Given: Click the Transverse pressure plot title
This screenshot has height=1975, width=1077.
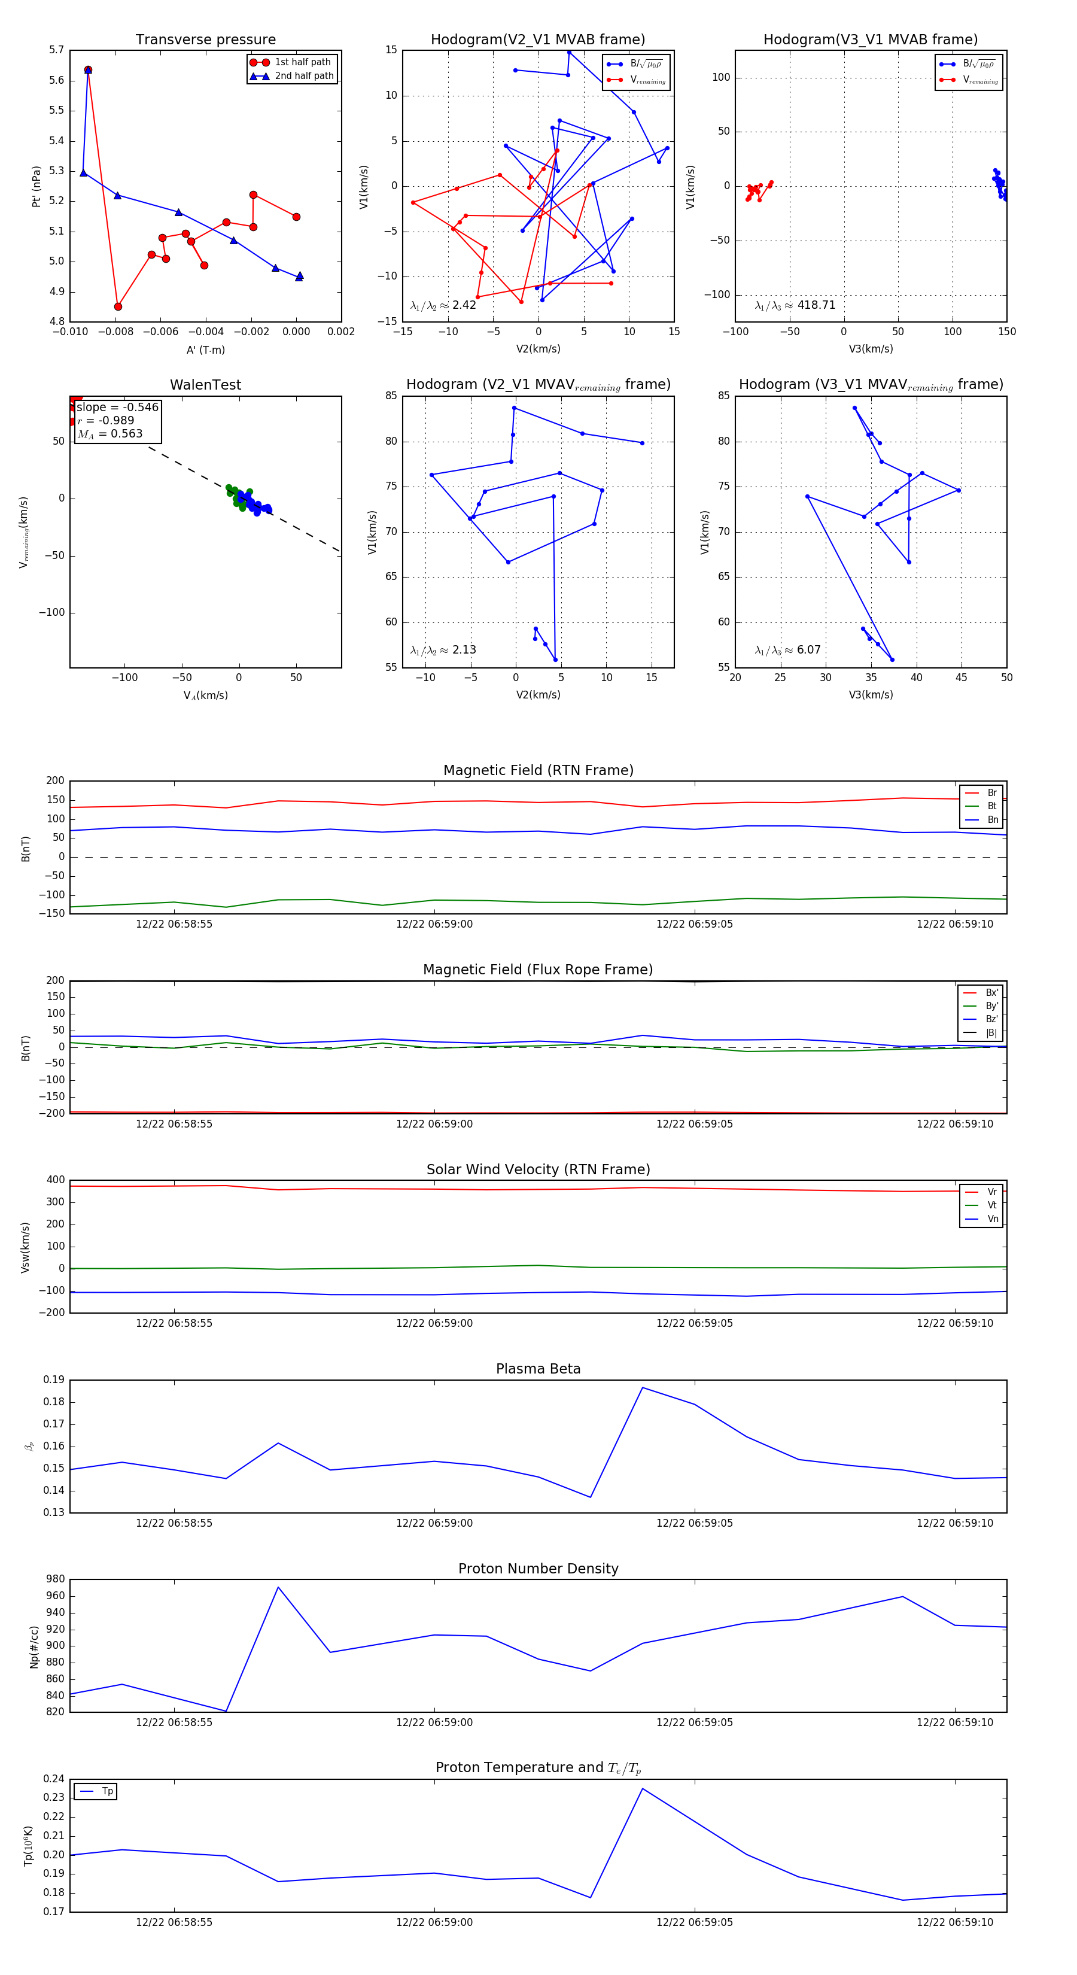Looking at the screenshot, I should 205,40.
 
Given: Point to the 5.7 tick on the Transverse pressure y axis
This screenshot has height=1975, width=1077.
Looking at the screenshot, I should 57,50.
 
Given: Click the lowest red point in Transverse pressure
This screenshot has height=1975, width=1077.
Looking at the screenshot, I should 118,306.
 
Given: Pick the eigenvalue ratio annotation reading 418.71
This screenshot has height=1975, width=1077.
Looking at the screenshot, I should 795,305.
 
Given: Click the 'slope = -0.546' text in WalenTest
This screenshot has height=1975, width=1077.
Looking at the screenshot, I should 117,407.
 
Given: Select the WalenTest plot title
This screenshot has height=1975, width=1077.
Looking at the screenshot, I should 205,385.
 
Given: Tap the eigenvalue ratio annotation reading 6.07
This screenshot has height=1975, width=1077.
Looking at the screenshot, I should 787,650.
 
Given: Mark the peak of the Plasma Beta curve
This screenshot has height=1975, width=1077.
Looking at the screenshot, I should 643,1388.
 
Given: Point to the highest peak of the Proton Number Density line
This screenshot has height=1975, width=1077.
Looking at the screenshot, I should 278,1587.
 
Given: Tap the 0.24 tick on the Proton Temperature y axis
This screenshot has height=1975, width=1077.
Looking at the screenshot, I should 54,1779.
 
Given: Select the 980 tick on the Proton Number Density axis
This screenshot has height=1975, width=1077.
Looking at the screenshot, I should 55,1579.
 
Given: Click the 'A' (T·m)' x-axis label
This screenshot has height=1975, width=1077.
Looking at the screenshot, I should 205,350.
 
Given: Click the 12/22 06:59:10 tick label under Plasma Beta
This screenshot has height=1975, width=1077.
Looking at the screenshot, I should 954,1523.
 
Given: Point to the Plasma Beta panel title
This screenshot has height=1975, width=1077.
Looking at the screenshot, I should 538,1369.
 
